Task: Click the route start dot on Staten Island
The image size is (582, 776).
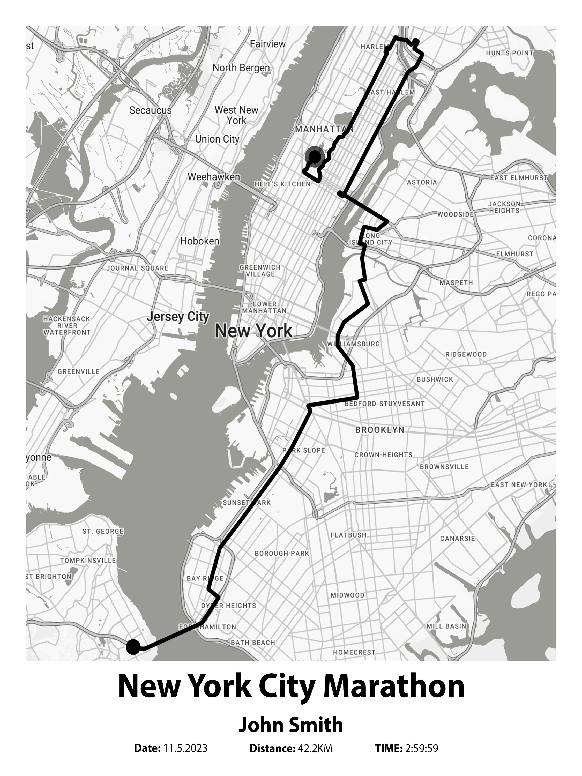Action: pyautogui.click(x=133, y=647)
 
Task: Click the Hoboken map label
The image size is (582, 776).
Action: pyautogui.click(x=200, y=241)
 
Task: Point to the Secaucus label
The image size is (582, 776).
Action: pyautogui.click(x=151, y=110)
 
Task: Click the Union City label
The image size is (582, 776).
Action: pyautogui.click(x=217, y=139)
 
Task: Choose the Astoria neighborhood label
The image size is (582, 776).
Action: pyautogui.click(x=422, y=182)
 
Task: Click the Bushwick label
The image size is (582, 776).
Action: pyautogui.click(x=435, y=379)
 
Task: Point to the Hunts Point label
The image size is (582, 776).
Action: pyautogui.click(x=509, y=53)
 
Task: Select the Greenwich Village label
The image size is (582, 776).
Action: pyautogui.click(x=260, y=271)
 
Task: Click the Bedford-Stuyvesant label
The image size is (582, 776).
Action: pyautogui.click(x=384, y=404)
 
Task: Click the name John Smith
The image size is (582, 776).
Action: pyautogui.click(x=291, y=725)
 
